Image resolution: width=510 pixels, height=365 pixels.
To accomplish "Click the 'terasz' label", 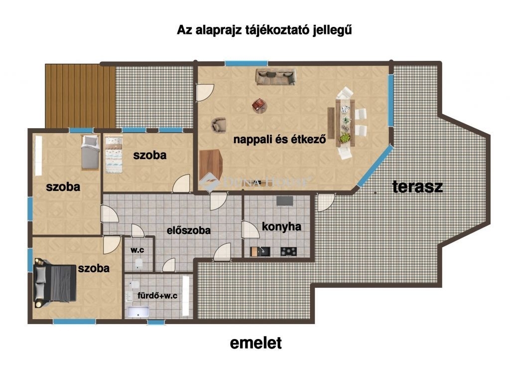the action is click(x=418, y=186).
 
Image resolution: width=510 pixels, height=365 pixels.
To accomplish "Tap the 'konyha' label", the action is click(x=282, y=226).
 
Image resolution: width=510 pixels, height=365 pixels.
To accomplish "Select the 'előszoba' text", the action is click(x=189, y=230).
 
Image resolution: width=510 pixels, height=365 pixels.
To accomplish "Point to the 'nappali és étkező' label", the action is click(x=280, y=139).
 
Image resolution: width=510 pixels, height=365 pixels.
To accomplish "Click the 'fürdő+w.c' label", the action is click(x=157, y=296).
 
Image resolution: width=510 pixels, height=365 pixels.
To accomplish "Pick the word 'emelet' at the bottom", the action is click(x=256, y=343).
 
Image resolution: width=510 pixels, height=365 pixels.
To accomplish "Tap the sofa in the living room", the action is click(x=275, y=76).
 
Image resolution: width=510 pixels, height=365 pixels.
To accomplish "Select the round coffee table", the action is click(x=259, y=106).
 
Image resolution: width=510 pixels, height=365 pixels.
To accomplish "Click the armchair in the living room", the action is click(x=219, y=125).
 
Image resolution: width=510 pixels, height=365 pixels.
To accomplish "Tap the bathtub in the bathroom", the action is click(x=138, y=312).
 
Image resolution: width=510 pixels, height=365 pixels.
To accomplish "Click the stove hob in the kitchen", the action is click(x=289, y=251).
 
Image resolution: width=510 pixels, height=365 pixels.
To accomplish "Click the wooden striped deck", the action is click(x=80, y=96).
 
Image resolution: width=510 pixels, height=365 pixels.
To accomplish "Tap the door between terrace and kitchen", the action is click(x=325, y=202).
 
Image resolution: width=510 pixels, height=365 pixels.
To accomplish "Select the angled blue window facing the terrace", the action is click(x=376, y=167).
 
